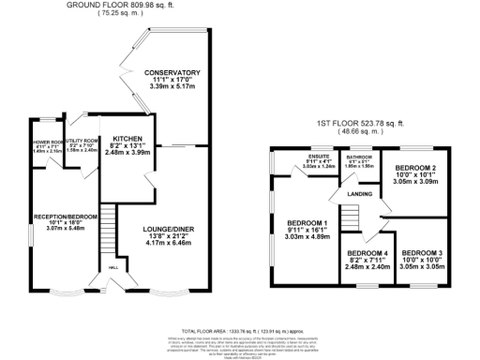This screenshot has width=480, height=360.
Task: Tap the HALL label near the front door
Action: point(114,267)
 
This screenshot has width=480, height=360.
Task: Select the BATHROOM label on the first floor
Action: point(360,157)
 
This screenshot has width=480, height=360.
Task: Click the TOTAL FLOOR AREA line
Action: point(240,332)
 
